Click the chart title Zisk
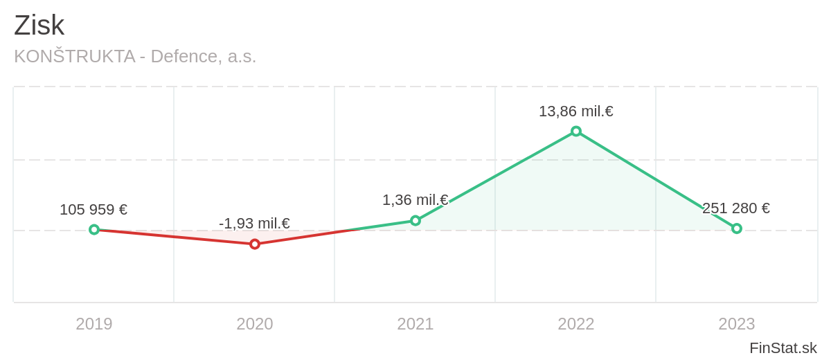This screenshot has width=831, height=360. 39,26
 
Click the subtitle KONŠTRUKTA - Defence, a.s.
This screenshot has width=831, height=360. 135,56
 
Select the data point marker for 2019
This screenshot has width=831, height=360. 94,229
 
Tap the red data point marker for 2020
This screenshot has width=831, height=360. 255,244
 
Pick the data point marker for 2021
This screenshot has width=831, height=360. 415,221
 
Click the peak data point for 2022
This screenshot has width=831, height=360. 576,132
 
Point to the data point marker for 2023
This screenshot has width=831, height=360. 737,228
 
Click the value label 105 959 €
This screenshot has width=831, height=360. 93,210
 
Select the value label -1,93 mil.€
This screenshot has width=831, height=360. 254,224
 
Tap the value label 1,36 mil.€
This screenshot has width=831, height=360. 415,200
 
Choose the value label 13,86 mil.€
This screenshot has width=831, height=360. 576,111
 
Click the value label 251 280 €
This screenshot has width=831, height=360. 736,208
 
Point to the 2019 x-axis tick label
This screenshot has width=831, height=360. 94,324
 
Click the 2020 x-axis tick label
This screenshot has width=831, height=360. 255,324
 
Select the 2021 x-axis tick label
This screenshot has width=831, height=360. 415,324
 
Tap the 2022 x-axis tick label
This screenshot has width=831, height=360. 576,324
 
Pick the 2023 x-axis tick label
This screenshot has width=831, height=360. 737,324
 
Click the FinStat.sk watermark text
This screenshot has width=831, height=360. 783,348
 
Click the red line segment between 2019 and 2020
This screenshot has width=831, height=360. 175,237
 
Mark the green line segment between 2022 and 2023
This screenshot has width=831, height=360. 656,180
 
